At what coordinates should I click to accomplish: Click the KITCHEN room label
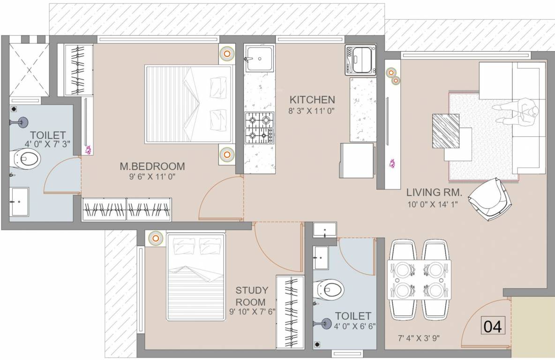click(x=312, y=99)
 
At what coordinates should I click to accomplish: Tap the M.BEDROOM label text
click(x=152, y=166)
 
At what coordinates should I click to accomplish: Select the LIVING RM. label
click(x=434, y=192)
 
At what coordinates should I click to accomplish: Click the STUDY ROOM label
click(x=252, y=296)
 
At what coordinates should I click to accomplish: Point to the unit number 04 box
click(x=493, y=326)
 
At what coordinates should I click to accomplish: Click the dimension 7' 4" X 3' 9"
click(x=419, y=338)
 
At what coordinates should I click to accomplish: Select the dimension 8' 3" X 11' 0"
click(x=312, y=111)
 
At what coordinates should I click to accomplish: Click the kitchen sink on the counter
click(x=260, y=59)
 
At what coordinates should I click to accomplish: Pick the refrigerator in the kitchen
click(x=356, y=160)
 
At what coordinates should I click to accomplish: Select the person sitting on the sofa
click(x=518, y=112)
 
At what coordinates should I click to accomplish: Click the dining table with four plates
click(x=419, y=279)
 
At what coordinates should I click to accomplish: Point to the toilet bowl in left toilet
click(x=26, y=159)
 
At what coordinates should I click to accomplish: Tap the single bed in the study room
click(x=195, y=277)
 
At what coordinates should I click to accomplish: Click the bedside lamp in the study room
click(x=155, y=239)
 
